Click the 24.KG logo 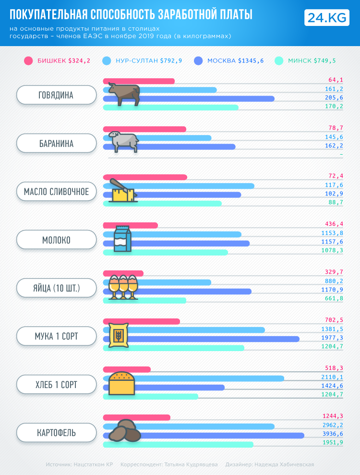[326, 18]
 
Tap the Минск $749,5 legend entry [305, 61]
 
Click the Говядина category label [56, 95]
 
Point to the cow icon [124, 94]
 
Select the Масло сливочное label [56, 192]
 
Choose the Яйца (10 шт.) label [56, 289]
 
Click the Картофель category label [56, 433]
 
